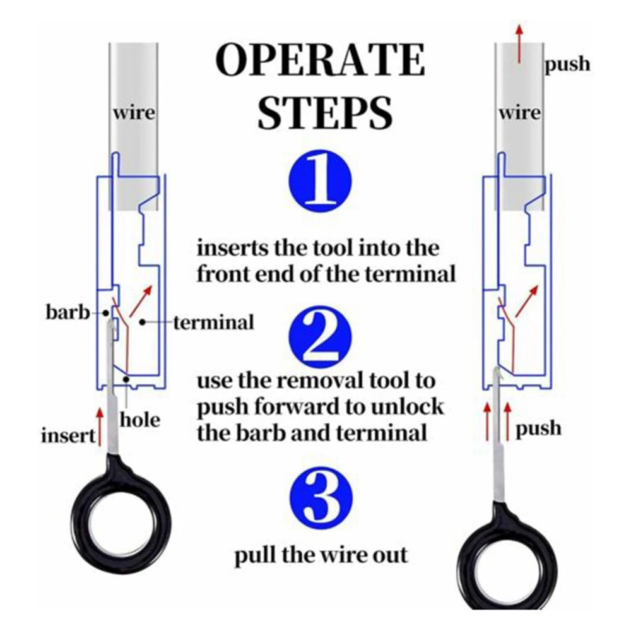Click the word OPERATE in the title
point(320,61)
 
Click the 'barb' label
point(68,312)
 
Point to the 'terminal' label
point(213,322)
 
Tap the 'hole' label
point(139,418)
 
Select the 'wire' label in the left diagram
point(133,114)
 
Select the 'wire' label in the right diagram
point(519,114)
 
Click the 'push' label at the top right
point(567,64)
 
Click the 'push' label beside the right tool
point(538,428)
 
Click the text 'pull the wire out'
point(321,555)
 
